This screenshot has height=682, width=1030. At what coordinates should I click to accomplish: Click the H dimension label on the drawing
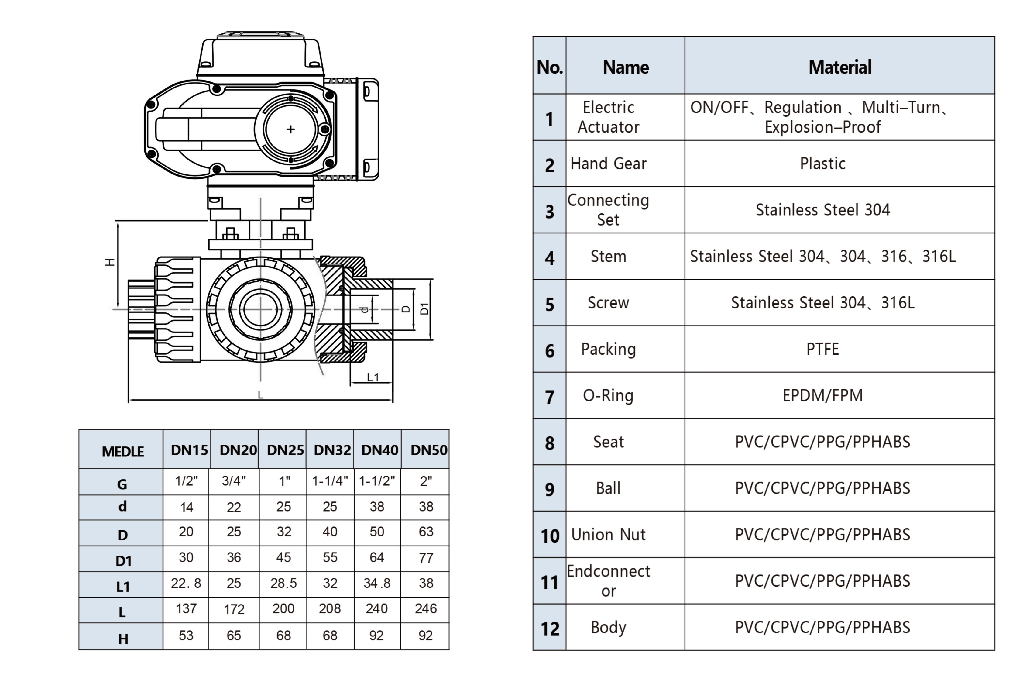[x=110, y=262]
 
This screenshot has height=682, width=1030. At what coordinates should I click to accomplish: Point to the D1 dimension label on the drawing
[x=424, y=308]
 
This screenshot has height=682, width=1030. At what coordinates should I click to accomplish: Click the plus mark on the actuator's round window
[x=291, y=129]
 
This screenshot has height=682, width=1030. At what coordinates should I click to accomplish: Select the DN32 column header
[x=332, y=450]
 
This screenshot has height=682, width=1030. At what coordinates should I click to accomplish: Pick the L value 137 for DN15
[x=186, y=608]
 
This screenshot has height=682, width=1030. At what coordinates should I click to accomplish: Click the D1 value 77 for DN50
[x=426, y=558]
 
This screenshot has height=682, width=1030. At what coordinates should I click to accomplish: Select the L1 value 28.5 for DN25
[x=283, y=583]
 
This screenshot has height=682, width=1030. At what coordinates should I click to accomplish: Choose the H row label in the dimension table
[x=123, y=639]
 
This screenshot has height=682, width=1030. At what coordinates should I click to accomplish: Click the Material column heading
[x=839, y=67]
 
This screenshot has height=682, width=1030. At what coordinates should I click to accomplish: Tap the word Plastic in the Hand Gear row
[x=822, y=164]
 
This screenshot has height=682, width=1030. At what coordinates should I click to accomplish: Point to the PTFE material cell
[x=822, y=349]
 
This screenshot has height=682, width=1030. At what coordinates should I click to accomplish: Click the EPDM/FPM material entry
[x=822, y=395]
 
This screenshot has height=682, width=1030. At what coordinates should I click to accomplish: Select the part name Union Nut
[x=608, y=535]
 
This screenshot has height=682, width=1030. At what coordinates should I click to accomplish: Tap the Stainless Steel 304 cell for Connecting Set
[x=822, y=210]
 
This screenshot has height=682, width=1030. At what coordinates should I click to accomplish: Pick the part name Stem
[x=608, y=256]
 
